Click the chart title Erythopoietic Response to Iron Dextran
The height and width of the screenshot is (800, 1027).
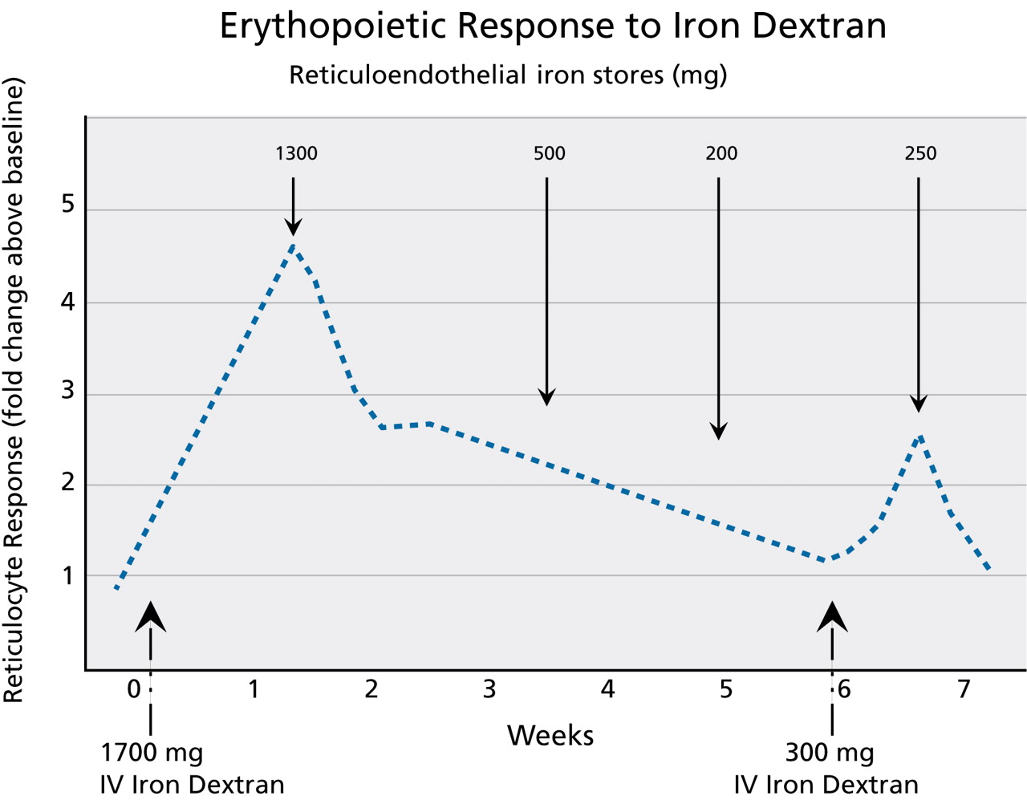click(553, 26)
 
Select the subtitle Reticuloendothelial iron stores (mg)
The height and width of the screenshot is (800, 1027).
click(507, 75)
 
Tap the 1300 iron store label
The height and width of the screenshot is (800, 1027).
click(296, 153)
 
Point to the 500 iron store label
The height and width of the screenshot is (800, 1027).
click(549, 153)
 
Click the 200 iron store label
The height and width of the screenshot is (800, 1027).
click(721, 153)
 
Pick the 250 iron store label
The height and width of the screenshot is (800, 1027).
click(919, 153)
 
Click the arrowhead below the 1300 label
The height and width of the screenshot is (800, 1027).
click(294, 226)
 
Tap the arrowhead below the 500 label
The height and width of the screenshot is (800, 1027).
click(546, 396)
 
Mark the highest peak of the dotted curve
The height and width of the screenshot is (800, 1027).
click(294, 246)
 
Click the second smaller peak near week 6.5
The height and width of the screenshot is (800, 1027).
click(919, 437)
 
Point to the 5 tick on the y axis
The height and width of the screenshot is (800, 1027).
click(68, 205)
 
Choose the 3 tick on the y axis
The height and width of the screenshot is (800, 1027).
click(68, 391)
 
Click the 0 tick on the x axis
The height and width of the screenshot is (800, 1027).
click(134, 689)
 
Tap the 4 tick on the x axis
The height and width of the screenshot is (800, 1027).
click(607, 689)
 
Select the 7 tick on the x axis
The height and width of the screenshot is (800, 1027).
click(964, 689)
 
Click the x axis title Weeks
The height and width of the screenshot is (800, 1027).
click(550, 735)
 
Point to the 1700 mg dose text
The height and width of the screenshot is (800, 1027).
click(152, 753)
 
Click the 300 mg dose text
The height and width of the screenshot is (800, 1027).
click(829, 753)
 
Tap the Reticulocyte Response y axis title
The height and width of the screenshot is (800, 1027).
click(14, 391)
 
